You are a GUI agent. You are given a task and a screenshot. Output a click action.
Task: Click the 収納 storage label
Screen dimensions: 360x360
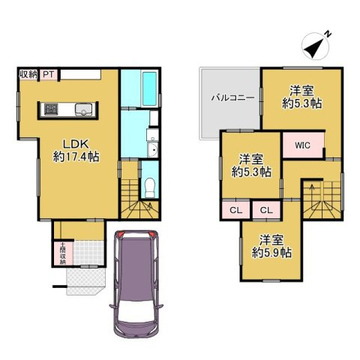click(x=28, y=73)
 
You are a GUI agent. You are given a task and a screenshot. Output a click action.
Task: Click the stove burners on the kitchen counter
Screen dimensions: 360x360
click(x=52, y=109)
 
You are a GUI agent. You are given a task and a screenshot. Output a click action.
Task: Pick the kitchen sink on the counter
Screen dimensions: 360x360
click(x=84, y=110)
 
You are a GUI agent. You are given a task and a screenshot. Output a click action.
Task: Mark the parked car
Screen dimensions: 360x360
click(x=137, y=281)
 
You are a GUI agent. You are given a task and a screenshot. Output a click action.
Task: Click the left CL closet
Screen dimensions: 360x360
click(x=235, y=210)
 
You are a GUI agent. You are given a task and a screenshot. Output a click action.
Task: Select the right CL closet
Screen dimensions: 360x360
click(x=265, y=210)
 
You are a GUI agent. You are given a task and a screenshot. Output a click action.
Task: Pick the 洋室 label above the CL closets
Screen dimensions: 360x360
click(x=251, y=159)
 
